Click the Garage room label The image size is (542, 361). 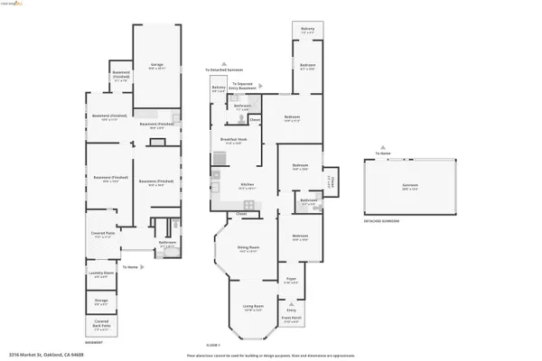click(x=156, y=64)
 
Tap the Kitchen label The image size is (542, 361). click(x=245, y=186)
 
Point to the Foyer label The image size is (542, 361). click(x=290, y=282)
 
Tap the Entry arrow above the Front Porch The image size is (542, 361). click(x=290, y=301)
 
